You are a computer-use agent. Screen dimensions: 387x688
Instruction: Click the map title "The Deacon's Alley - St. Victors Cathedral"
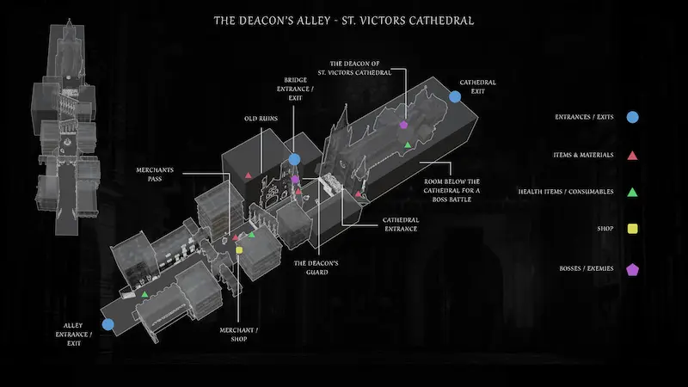343,20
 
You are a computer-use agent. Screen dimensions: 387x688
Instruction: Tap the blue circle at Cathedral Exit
455,96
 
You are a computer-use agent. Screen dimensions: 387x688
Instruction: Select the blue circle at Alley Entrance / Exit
107,324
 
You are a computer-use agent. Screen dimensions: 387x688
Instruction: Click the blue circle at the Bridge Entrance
294,159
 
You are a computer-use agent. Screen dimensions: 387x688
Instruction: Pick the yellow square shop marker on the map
240,249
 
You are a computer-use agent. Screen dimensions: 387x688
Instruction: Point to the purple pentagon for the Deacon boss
403,125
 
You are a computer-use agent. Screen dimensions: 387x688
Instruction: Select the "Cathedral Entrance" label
401,224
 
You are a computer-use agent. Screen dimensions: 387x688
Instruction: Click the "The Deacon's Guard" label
316,267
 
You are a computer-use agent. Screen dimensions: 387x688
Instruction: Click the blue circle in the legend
632,116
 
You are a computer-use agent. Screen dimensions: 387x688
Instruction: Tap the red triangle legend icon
632,155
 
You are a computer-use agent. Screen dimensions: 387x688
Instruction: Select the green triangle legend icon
632,192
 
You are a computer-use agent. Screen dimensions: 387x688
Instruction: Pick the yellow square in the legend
632,230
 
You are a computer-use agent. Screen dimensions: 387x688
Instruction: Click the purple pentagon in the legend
632,268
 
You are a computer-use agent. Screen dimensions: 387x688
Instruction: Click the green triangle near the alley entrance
144,295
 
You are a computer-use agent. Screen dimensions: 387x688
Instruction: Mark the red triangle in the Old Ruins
249,176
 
